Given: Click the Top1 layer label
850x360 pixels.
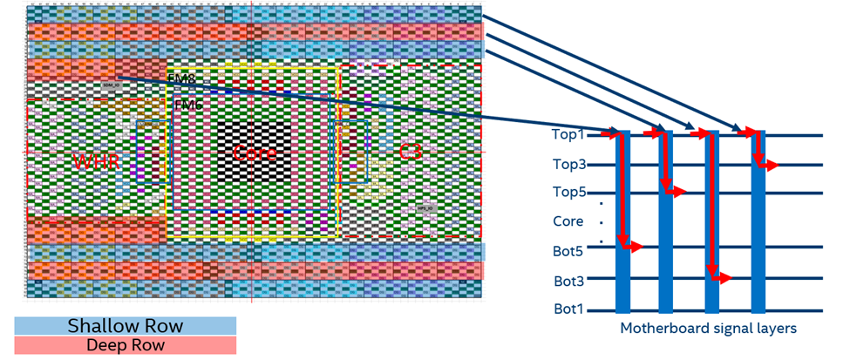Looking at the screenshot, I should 568,135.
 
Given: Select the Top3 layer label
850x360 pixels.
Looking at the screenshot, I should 568,164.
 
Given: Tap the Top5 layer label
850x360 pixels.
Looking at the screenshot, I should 568,193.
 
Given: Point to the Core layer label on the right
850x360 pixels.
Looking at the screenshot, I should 568,221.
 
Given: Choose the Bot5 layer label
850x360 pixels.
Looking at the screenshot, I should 568,251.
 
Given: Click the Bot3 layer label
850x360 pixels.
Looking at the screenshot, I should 568,281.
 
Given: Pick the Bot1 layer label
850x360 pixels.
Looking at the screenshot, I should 568,309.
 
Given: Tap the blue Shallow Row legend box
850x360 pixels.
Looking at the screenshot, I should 126,326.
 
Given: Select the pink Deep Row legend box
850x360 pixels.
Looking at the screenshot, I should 126,345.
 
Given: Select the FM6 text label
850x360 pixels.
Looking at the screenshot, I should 186,105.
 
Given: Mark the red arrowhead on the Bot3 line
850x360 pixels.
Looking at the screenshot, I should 726,279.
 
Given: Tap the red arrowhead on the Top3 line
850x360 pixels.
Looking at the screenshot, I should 772,164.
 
